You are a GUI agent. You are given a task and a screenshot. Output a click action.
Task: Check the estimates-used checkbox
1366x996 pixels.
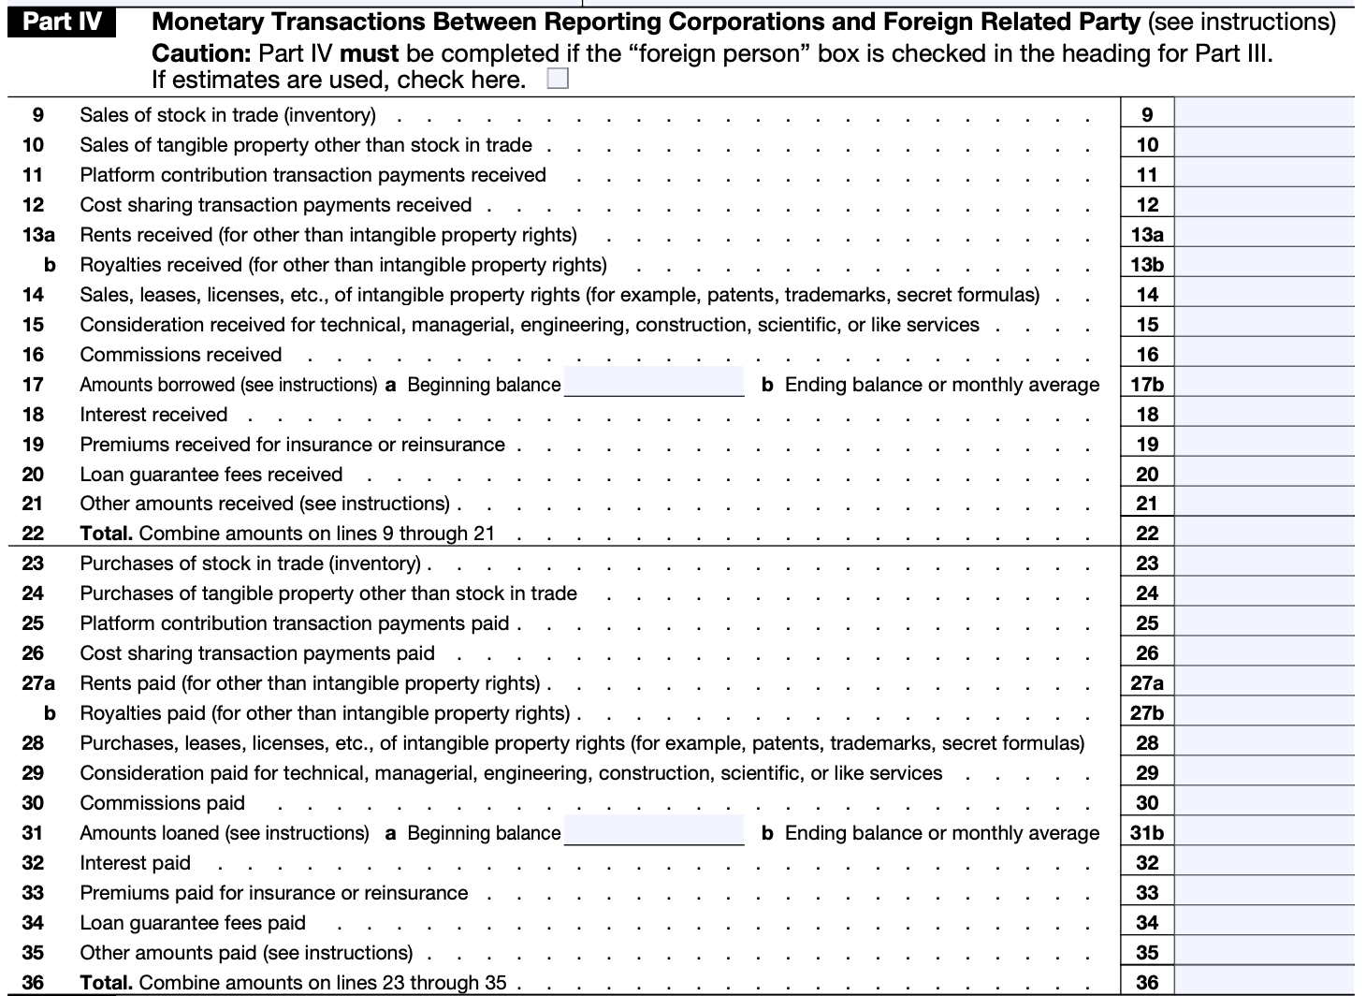[558, 80]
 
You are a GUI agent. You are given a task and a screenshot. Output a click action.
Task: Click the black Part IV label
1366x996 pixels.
[63, 22]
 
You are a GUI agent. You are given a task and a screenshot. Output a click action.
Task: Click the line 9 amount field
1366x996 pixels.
[1264, 115]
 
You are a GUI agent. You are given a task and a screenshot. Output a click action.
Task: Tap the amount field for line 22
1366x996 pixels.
[1264, 534]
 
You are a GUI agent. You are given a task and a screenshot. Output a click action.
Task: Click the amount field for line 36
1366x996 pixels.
[1264, 982]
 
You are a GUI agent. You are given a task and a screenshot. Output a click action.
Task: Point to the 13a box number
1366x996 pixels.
[1147, 235]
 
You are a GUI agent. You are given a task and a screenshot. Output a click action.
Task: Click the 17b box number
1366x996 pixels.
[1147, 385]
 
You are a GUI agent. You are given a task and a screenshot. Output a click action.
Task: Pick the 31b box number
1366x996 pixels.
[1147, 833]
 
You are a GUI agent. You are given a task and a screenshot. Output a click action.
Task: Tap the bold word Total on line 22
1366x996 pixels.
[106, 534]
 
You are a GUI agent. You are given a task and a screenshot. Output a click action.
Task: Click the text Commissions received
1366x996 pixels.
[181, 355]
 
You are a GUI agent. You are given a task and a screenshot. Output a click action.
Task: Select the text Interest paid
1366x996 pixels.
[135, 863]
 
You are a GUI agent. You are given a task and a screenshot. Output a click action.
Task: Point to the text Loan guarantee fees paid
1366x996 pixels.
[193, 923]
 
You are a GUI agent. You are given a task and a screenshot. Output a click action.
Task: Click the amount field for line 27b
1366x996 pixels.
[1264, 713]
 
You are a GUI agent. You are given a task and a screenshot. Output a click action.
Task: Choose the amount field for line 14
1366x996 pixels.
[1264, 295]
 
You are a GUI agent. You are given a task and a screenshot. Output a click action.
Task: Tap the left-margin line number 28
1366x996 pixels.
[33, 743]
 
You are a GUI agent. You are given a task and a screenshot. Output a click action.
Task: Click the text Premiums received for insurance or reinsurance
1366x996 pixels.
[292, 445]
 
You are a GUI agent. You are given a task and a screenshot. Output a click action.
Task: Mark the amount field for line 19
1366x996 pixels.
[1264, 445]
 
